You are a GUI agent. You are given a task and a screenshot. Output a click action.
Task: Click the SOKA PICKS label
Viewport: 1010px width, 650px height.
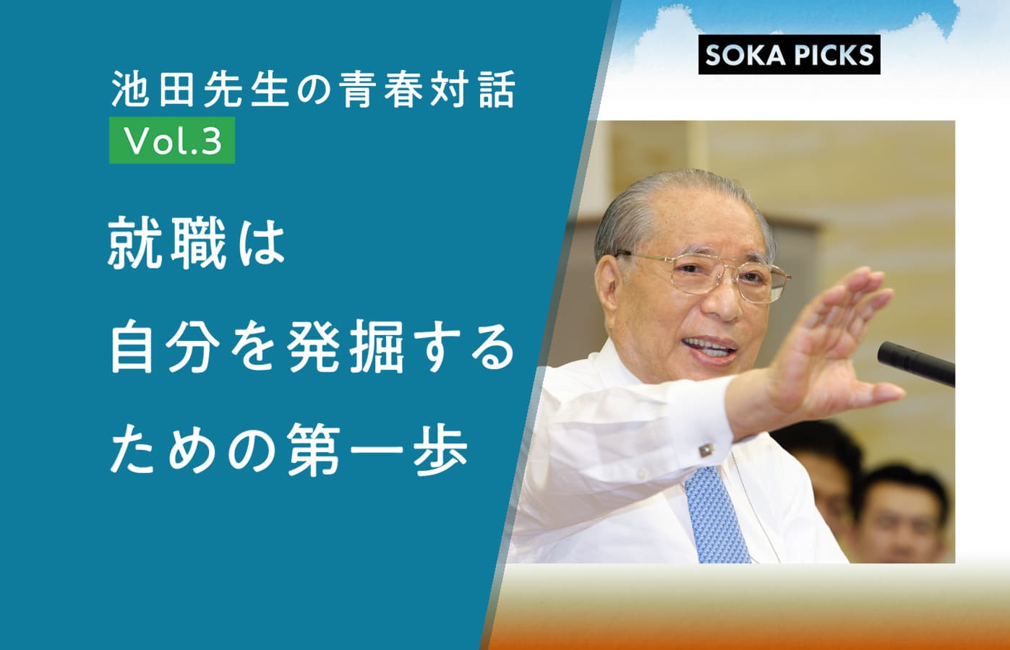pos(789,54)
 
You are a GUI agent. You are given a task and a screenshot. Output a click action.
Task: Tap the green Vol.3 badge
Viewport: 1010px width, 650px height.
pos(172,140)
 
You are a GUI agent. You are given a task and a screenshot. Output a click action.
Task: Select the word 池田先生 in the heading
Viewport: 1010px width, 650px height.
pos(200,90)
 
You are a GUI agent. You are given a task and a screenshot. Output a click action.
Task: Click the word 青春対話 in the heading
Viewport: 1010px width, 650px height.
pos(429,90)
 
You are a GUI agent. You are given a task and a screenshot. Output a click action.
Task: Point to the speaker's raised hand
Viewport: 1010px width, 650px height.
pos(834,342)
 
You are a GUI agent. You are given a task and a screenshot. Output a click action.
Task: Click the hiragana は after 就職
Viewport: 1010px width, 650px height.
pos(262,243)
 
